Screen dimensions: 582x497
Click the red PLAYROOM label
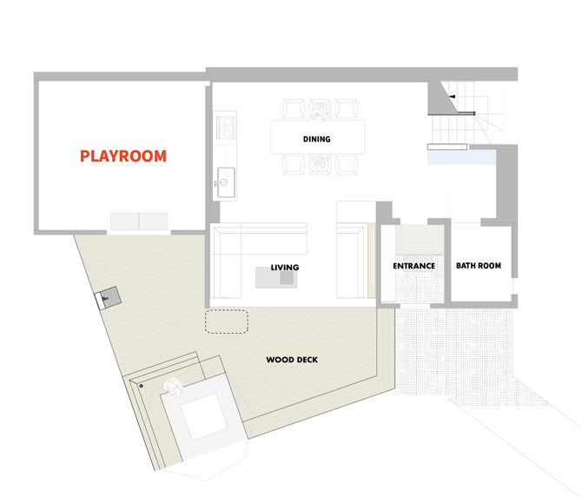(x=123, y=156)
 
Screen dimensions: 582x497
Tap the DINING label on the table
(x=316, y=139)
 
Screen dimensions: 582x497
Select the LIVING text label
(x=285, y=268)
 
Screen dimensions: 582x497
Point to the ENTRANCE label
(x=413, y=266)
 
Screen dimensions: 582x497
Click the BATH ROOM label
(x=479, y=265)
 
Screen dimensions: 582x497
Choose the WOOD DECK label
(x=292, y=360)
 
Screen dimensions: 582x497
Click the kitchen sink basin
(x=226, y=182)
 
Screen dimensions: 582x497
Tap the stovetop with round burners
(x=225, y=126)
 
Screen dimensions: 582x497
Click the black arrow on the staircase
(x=452, y=96)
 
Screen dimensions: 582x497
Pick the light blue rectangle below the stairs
(x=462, y=157)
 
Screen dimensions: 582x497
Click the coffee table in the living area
(x=276, y=278)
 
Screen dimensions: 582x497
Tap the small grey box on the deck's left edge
(x=111, y=297)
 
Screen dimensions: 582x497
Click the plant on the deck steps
(x=174, y=387)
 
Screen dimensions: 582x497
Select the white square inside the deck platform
(x=204, y=417)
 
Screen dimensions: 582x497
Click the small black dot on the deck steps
(x=141, y=386)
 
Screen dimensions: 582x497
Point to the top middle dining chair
(x=320, y=109)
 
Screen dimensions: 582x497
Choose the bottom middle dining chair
(x=320, y=164)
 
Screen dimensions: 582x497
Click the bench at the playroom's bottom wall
(x=139, y=222)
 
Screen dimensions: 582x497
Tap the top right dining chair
(x=347, y=109)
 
